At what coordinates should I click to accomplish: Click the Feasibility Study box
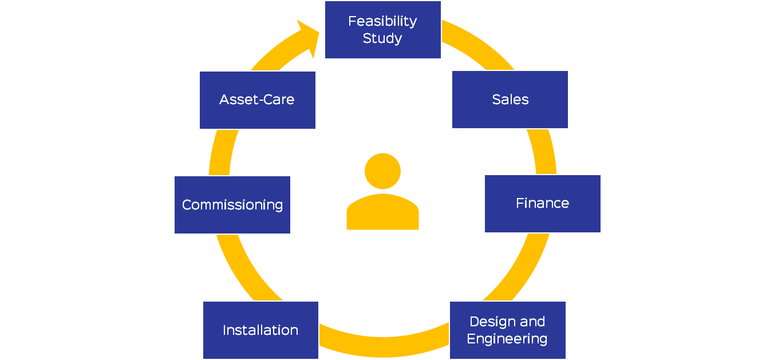pos(382,30)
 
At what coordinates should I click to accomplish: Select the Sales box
pos(510,100)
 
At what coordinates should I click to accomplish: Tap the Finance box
pos(542,204)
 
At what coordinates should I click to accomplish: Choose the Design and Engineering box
pos(507,330)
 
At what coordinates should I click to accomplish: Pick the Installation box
pos(260,330)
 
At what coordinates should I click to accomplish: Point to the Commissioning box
pos(232,205)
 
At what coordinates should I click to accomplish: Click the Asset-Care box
pos(257,100)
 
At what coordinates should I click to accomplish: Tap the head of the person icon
pos(382,171)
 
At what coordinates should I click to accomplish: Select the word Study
pos(382,39)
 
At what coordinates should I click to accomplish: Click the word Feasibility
pos(382,21)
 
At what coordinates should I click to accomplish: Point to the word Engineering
pos(507,339)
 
